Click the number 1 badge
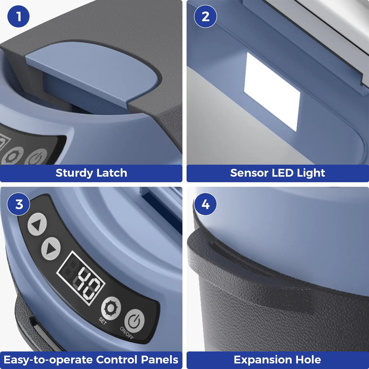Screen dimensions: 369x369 point(18,16)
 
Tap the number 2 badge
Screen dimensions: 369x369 point(205,16)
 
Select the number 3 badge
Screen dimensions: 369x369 point(18,204)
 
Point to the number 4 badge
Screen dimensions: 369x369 point(205,204)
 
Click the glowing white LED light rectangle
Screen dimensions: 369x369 point(272,92)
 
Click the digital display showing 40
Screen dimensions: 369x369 point(81,278)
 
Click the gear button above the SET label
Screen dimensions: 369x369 point(111,308)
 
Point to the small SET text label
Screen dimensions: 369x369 point(103,321)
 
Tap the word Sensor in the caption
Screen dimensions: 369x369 point(249,173)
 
